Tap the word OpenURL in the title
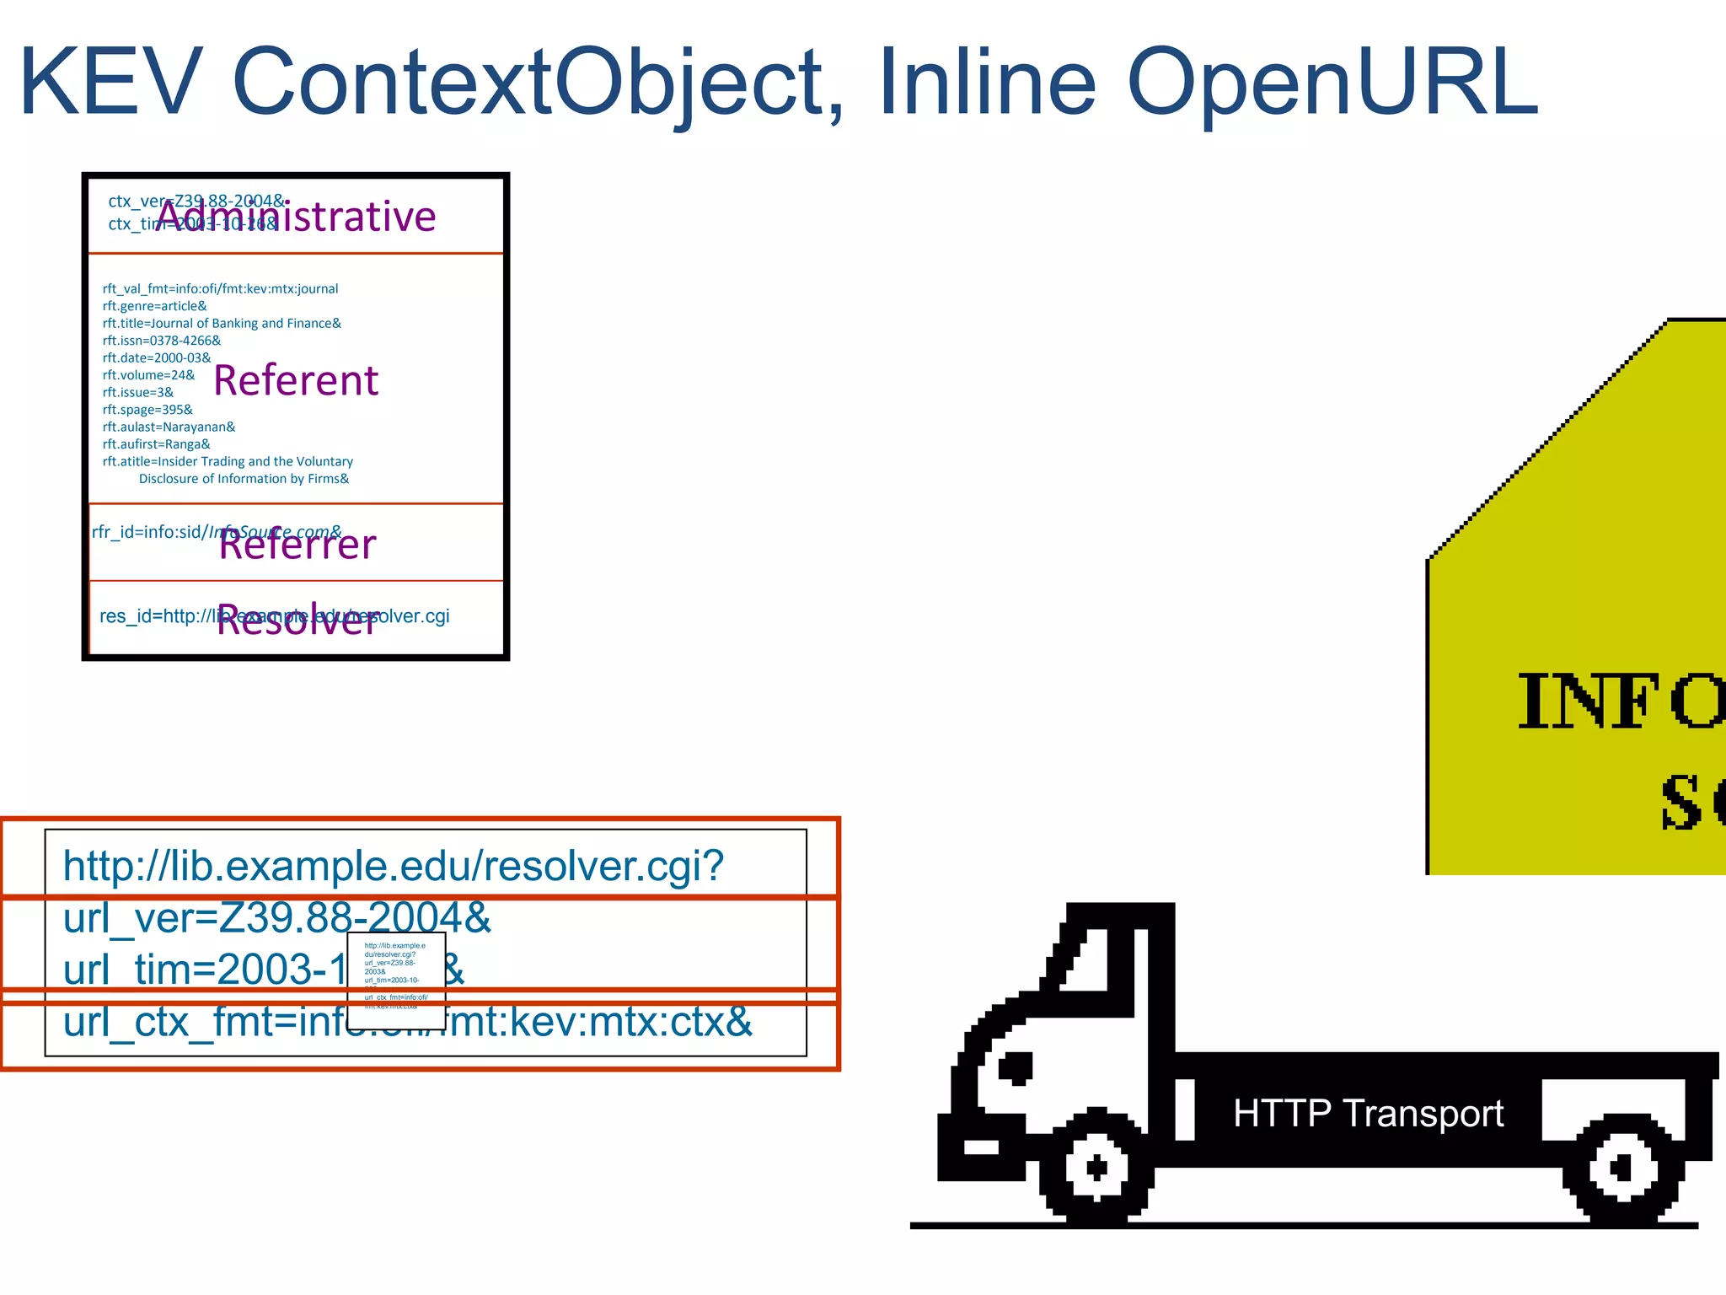click(x=1332, y=83)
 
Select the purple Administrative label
click(x=297, y=218)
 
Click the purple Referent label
click(x=296, y=381)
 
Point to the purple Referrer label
click(x=297, y=545)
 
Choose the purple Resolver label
click(x=297, y=621)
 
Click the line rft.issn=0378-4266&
click(x=162, y=341)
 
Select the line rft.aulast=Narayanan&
click(x=169, y=427)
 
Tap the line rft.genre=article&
click(x=154, y=306)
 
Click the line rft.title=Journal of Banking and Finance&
click(x=222, y=323)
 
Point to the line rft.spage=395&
click(x=147, y=410)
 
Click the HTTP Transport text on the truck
click(x=1368, y=1114)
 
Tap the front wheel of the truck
click(x=1096, y=1168)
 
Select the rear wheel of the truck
click(x=1621, y=1169)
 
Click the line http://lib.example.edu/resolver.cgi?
click(x=393, y=867)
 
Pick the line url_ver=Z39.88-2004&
click(x=276, y=918)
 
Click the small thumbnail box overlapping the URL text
click(x=396, y=981)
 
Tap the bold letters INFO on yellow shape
click(x=1618, y=701)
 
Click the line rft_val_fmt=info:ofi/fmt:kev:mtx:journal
click(x=220, y=288)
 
